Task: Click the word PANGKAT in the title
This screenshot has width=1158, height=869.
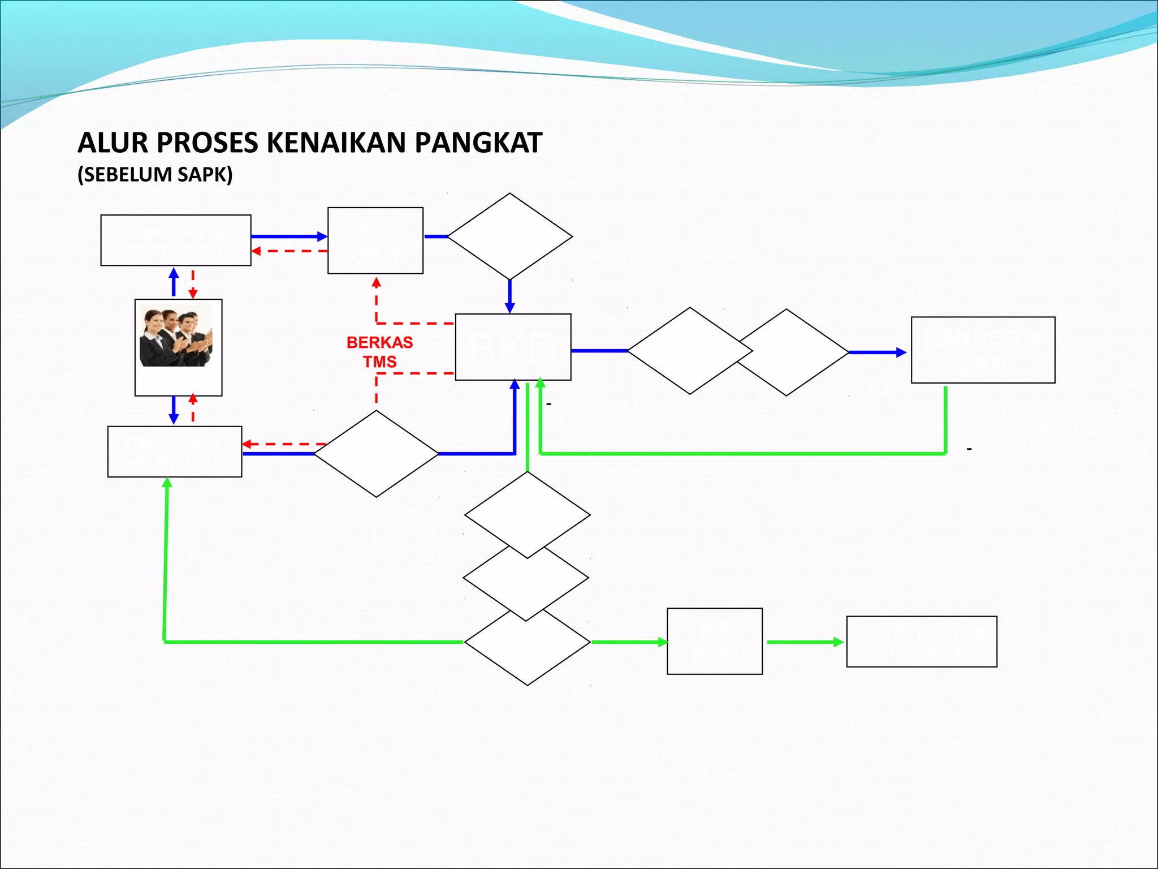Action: coord(478,143)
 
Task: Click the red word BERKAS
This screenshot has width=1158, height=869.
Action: coord(379,342)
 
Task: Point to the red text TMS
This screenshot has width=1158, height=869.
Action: coord(379,362)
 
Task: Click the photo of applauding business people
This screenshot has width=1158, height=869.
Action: coord(176,335)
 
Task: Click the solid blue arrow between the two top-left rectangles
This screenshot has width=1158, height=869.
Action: coord(288,236)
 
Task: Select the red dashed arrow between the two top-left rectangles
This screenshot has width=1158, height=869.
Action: coord(288,251)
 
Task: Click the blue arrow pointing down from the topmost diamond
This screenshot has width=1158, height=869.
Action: coord(509,296)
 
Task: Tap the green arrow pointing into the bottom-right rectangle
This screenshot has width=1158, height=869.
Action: coord(805,642)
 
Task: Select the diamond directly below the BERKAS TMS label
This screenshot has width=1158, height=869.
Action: coord(376,454)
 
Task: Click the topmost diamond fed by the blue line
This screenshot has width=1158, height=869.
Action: coord(509,236)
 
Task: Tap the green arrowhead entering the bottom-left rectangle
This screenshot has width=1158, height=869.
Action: coord(167,483)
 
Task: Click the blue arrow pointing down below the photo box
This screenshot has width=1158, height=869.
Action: coord(174,411)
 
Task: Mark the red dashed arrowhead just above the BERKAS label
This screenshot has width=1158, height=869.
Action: coord(376,282)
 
